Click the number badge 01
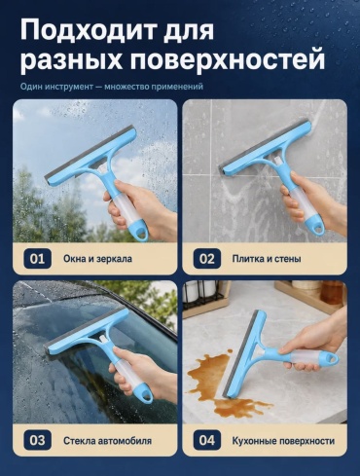pos(37,259)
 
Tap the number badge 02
pos(207,259)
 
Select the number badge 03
pos(37,440)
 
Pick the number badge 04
pos(207,440)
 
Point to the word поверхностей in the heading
pos(228,60)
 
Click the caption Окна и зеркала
pos(97,259)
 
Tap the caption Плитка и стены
pos(267,259)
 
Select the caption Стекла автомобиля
pos(107,441)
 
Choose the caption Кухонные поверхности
pos(283,441)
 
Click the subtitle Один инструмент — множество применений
pos(112,87)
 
